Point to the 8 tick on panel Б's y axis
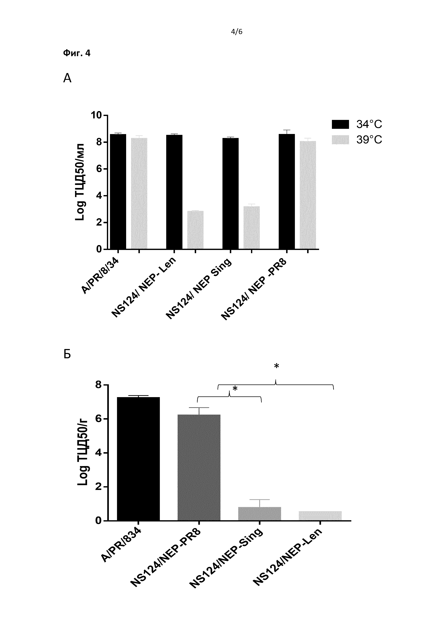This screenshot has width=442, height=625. [98, 385]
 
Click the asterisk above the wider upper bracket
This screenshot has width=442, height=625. [276, 366]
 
